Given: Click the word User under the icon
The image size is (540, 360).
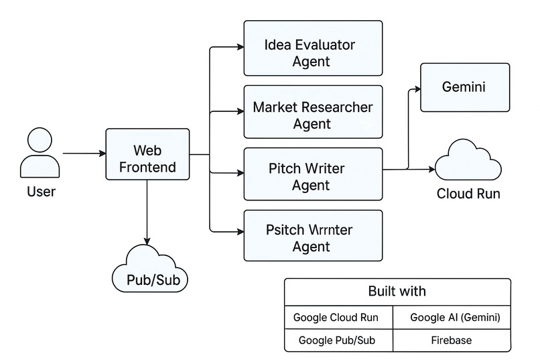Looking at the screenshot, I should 41,192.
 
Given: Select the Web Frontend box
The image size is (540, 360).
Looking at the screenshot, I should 147,154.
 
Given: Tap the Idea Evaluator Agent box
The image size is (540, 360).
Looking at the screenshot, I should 313,48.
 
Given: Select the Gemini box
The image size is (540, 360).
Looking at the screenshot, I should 463,87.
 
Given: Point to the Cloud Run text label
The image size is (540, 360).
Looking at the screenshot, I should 468,194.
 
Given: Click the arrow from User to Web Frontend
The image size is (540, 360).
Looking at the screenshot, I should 83,154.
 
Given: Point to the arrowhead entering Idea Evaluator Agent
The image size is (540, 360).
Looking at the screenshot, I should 239,48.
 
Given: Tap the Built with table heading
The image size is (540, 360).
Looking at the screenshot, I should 397,292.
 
